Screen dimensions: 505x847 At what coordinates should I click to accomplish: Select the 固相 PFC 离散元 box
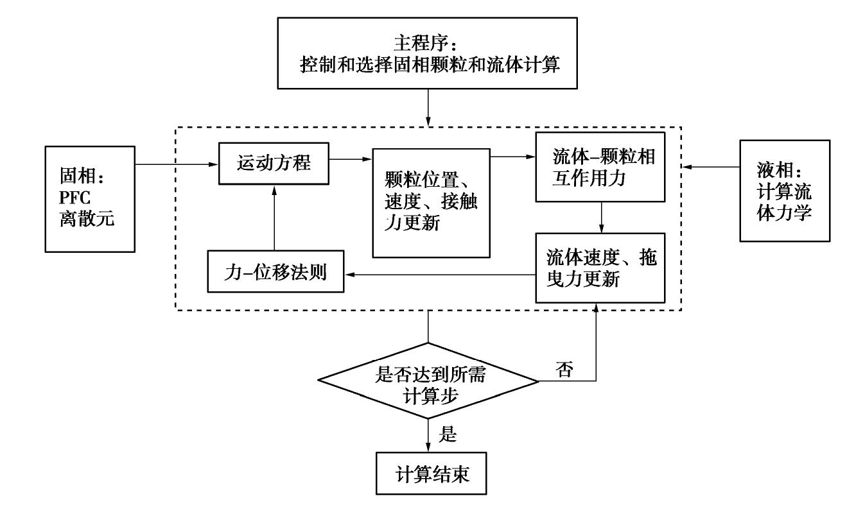[90, 198]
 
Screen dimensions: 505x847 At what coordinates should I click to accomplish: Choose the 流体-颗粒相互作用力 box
[600, 167]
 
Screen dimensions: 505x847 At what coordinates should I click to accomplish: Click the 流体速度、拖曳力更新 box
[600, 268]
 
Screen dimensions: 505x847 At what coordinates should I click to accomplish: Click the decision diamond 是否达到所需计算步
[429, 383]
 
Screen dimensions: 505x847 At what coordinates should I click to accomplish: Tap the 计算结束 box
[429, 475]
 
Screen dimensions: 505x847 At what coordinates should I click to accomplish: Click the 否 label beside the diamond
[564, 371]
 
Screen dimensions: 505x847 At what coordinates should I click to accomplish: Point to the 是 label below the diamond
[448, 435]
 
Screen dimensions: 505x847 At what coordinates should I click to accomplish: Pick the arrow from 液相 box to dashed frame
[712, 168]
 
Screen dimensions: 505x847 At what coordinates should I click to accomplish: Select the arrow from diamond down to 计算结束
[429, 433]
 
